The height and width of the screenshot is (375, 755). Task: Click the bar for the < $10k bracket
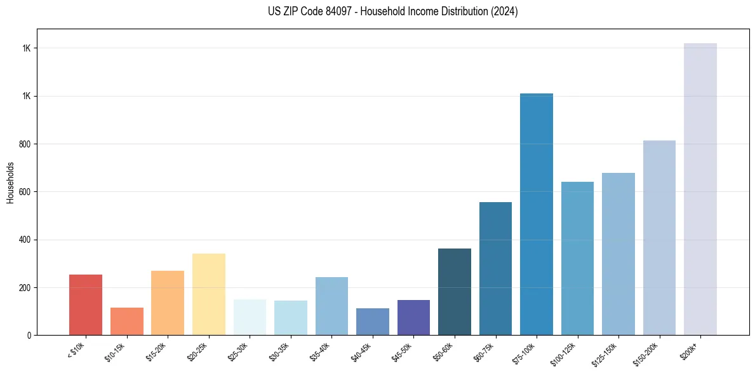click(86, 304)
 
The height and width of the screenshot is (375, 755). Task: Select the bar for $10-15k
click(127, 321)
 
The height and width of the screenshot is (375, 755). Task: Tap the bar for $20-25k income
click(209, 294)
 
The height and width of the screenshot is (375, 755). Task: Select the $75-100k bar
click(537, 214)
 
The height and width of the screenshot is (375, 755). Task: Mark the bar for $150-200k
click(659, 238)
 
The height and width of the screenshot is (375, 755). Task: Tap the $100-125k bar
click(577, 258)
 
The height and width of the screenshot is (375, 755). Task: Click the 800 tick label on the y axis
click(25, 144)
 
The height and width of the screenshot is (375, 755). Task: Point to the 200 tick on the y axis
click(25, 287)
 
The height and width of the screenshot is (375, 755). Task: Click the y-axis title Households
click(10, 182)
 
